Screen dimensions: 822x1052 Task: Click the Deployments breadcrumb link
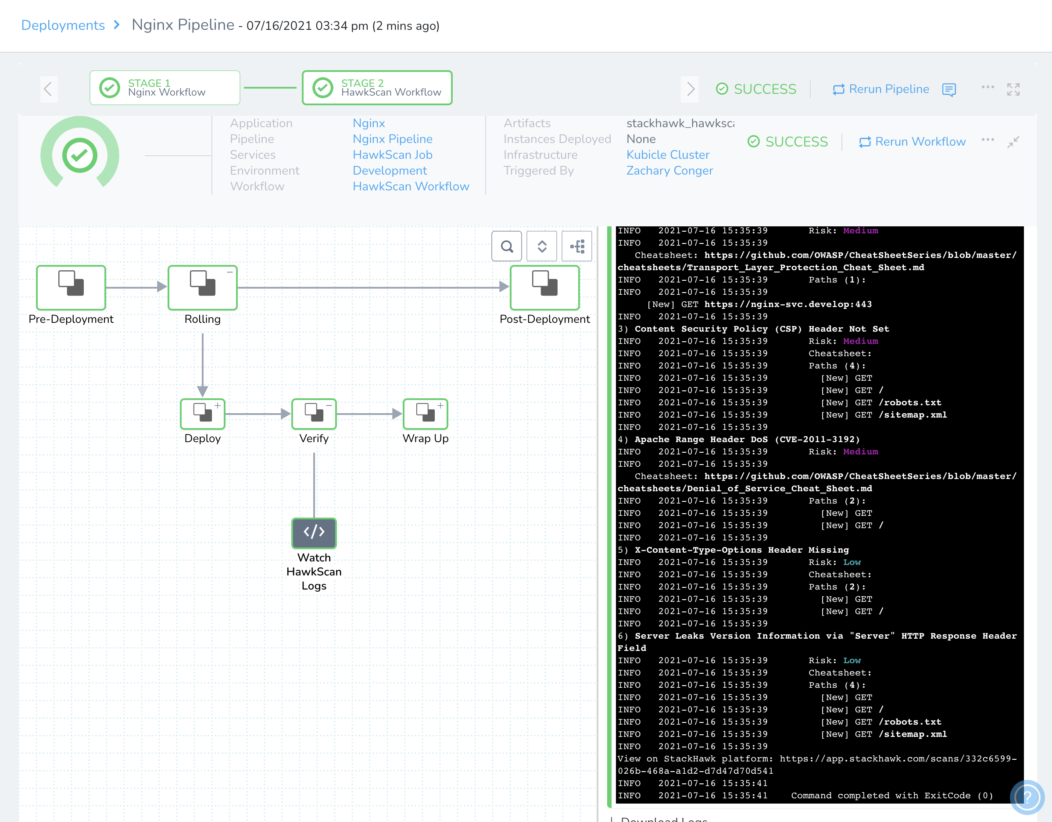point(63,25)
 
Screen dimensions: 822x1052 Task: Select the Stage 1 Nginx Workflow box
point(165,88)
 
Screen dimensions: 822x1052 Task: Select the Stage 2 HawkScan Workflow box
point(377,88)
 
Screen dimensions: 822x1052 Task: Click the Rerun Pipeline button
point(880,89)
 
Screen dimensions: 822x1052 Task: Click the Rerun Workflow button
point(912,142)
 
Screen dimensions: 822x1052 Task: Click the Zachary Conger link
point(669,171)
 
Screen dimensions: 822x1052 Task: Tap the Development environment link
point(390,171)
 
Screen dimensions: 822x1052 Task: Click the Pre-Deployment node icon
point(71,287)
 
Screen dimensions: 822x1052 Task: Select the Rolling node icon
point(202,287)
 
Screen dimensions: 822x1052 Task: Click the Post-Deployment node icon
point(544,287)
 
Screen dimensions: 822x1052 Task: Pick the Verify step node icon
point(314,414)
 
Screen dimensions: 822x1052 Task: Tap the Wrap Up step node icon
point(426,414)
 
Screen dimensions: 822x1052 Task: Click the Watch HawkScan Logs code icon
point(314,533)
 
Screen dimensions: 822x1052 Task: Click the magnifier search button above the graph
point(507,247)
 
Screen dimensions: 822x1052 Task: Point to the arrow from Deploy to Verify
point(258,414)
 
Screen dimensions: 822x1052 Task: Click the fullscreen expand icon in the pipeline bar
point(1013,89)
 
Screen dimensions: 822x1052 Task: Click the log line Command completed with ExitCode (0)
point(891,796)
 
